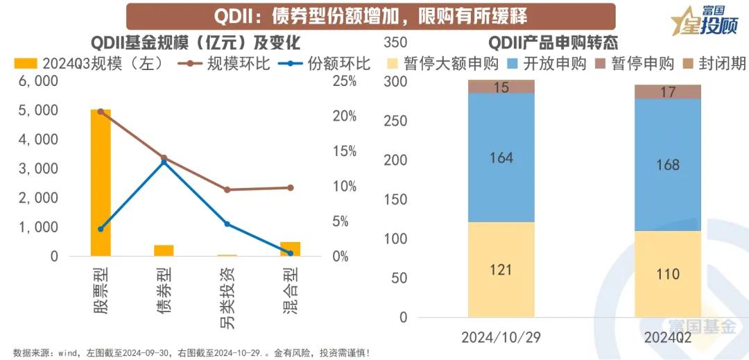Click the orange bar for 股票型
point(101,183)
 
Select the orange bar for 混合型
point(290,249)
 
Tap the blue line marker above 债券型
point(164,162)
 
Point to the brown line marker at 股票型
point(101,111)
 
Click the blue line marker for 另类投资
point(227,224)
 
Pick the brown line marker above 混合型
point(290,187)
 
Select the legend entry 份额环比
point(325,64)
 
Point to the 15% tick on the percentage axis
point(347,151)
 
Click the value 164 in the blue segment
point(501,157)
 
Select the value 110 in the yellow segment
point(668,274)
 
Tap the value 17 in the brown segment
point(668,92)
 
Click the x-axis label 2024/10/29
point(501,338)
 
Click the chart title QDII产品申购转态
point(553,43)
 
